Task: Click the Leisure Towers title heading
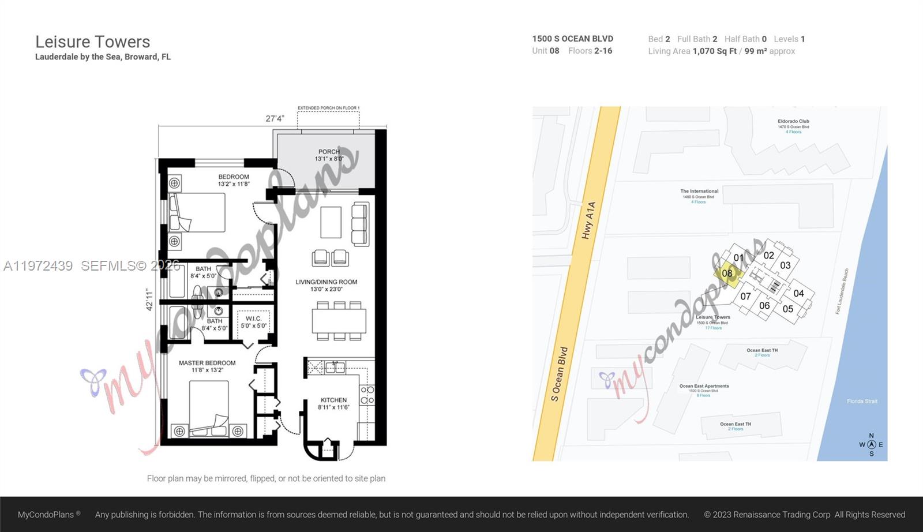92,42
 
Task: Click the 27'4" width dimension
275,118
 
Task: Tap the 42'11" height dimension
150,299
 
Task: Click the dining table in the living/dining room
339,321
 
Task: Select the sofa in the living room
359,224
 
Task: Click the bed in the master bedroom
209,407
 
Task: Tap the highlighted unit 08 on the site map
727,274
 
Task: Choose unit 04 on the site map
798,293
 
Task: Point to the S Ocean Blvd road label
560,374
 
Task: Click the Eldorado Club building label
793,122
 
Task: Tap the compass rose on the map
871,444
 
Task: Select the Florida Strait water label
862,401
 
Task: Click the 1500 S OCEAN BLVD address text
572,39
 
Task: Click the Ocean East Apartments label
704,386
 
